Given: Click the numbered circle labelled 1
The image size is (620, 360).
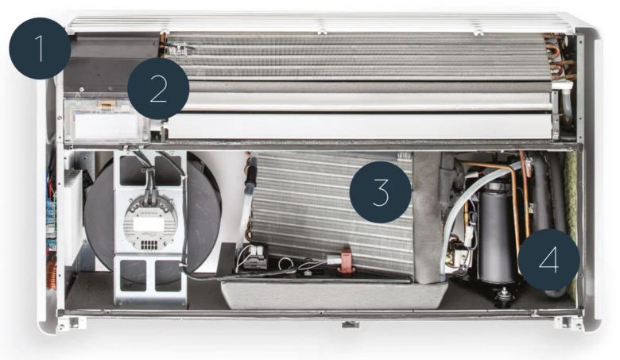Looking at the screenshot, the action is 40,48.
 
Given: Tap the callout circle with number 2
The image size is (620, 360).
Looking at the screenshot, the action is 158,88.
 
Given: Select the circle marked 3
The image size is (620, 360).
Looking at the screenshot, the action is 381,192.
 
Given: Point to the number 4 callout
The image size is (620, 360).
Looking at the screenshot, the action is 548,260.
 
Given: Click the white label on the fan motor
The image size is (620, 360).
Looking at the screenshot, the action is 149,224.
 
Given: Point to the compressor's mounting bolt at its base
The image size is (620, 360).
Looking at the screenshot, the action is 504,294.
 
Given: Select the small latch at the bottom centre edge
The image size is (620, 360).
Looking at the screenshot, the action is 351,324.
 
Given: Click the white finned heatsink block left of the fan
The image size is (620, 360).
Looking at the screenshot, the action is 74,217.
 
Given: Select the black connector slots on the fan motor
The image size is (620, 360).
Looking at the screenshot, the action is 148,244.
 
